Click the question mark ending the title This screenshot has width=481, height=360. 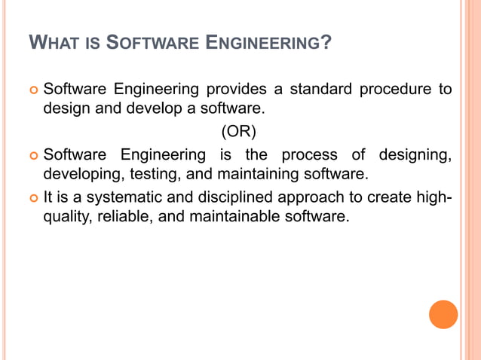325,44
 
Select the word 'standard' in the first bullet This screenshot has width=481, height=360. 317,90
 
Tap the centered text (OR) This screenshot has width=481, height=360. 238,133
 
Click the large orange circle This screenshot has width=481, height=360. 443,314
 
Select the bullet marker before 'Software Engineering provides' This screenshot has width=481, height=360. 32,91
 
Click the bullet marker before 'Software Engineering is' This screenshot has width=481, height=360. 32,157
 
